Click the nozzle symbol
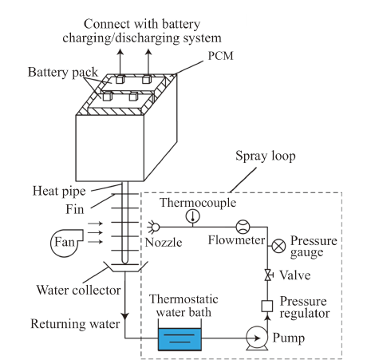153,227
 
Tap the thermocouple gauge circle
193,216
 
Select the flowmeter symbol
243,227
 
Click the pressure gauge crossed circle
278,246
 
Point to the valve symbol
268,275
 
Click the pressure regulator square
267,306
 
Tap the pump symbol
257,338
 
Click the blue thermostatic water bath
180,339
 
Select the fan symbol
66,243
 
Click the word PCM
220,56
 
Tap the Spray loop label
266,156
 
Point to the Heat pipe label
59,191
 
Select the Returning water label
75,324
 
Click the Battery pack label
63,72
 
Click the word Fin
75,209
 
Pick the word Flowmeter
236,240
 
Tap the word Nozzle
164,243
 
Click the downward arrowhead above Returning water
124,316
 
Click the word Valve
295,275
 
